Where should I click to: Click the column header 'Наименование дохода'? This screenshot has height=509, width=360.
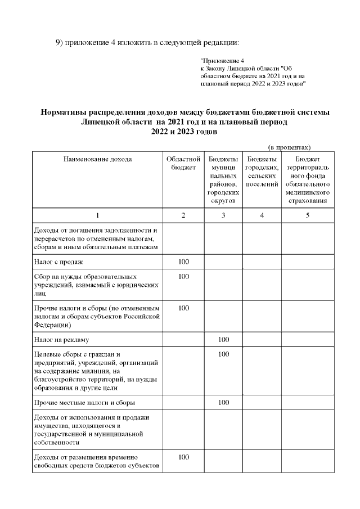[97, 159]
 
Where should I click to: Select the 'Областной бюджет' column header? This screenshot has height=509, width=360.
[183, 163]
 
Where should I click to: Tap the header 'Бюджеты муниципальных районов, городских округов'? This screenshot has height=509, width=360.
[223, 180]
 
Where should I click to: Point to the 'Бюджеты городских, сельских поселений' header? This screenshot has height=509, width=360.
[262, 172]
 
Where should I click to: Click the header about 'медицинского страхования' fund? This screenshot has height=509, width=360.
[307, 180]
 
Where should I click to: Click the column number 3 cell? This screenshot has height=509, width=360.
[223, 215]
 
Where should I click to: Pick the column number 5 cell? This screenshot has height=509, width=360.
[307, 215]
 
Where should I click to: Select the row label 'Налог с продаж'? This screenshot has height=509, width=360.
[59, 262]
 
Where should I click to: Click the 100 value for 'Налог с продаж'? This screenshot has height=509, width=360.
[183, 262]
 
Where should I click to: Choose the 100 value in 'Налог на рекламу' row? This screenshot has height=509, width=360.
[223, 340]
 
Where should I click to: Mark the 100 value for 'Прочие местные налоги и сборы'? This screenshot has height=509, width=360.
[223, 403]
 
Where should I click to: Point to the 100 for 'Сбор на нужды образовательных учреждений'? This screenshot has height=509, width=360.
[183, 277]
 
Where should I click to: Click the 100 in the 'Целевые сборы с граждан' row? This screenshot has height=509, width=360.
[223, 354]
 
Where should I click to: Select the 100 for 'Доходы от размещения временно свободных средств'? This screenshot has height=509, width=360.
[183, 457]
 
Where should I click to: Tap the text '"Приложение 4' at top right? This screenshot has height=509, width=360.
[222, 60]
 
